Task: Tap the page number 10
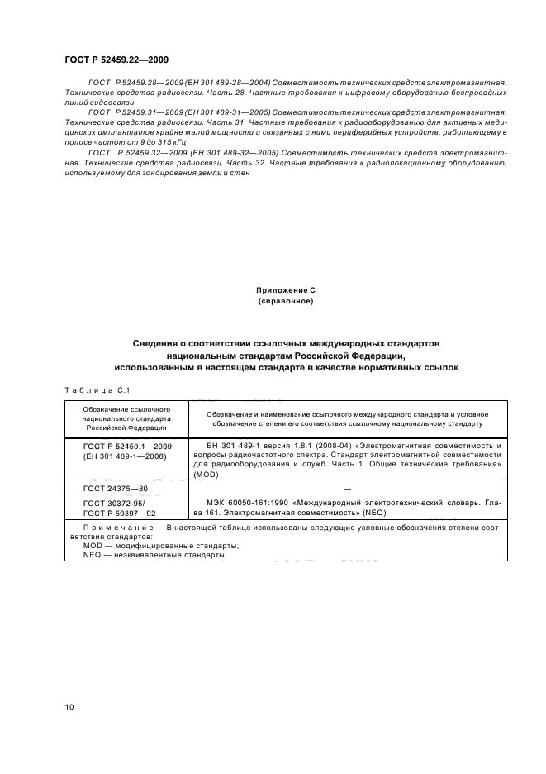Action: tap(69, 706)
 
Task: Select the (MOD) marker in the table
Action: tap(204, 475)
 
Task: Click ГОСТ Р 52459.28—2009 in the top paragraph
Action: tap(136, 84)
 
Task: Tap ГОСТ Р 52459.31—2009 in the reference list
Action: tap(136, 111)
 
